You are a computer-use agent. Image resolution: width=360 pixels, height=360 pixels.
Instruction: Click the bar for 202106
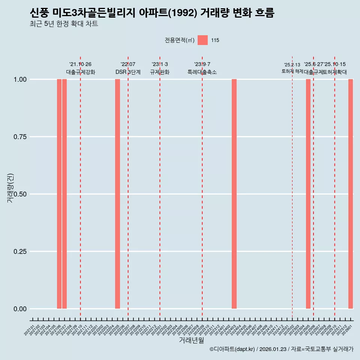pos(59,194)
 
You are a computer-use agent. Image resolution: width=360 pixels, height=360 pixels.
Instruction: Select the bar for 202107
pos(64,194)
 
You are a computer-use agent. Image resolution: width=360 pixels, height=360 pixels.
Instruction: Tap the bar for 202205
pos(117,194)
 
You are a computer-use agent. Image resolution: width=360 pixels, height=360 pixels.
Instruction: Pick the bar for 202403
pos(234,194)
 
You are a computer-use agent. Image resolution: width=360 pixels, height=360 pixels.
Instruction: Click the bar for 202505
pos(308,194)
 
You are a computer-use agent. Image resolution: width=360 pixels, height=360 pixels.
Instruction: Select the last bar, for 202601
pos(351,194)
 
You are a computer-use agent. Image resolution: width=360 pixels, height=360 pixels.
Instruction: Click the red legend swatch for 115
pos(202,40)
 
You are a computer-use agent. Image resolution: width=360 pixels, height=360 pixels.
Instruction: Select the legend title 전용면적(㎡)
pos(180,40)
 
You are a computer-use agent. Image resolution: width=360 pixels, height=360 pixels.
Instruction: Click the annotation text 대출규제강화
pos(81,72)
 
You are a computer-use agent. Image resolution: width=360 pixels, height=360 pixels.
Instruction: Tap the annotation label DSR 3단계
pos(128,72)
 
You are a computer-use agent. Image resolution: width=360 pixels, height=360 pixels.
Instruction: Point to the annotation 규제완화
pos(160,72)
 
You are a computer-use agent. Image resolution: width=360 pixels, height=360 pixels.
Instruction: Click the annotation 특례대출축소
pos(202,72)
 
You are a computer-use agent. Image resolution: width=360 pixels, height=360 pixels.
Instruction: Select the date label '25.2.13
pos(292,65)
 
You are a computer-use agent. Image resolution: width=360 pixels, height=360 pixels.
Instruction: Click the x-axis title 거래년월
pos(192,340)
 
